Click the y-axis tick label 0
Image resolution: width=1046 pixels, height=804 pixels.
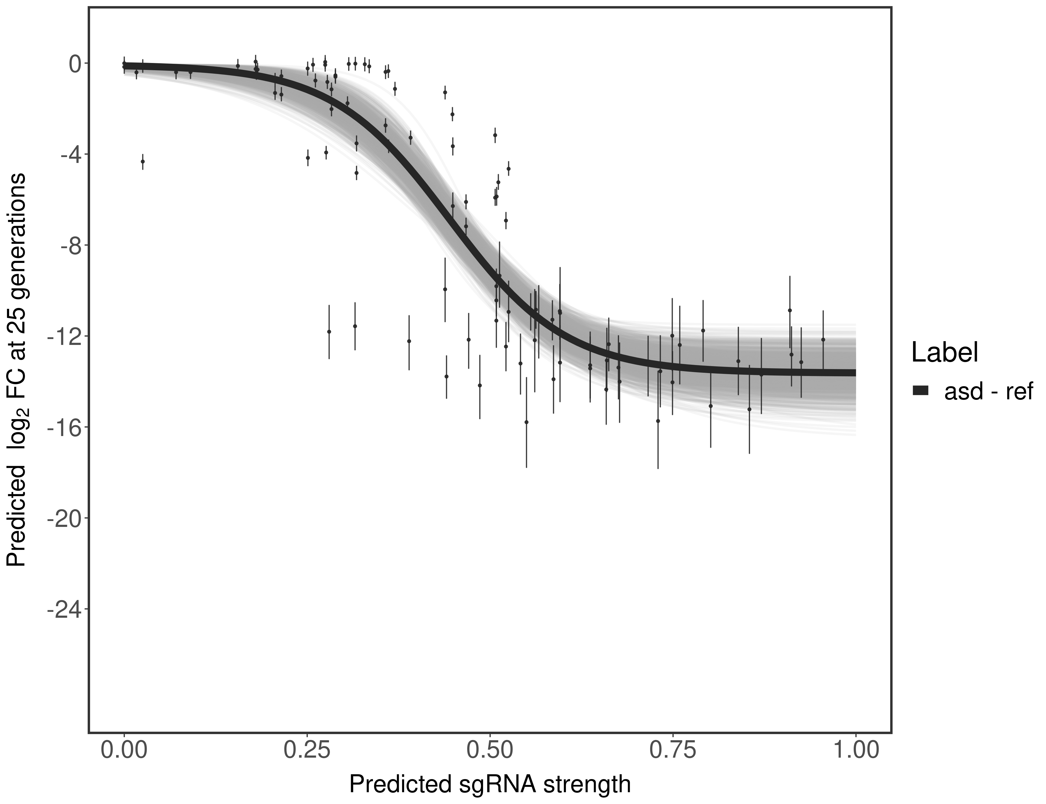[x=75, y=64]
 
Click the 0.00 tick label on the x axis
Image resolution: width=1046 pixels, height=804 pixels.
[x=124, y=749]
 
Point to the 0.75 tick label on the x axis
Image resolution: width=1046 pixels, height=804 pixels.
[x=672, y=749]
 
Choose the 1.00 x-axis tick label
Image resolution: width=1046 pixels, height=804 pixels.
[x=855, y=749]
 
